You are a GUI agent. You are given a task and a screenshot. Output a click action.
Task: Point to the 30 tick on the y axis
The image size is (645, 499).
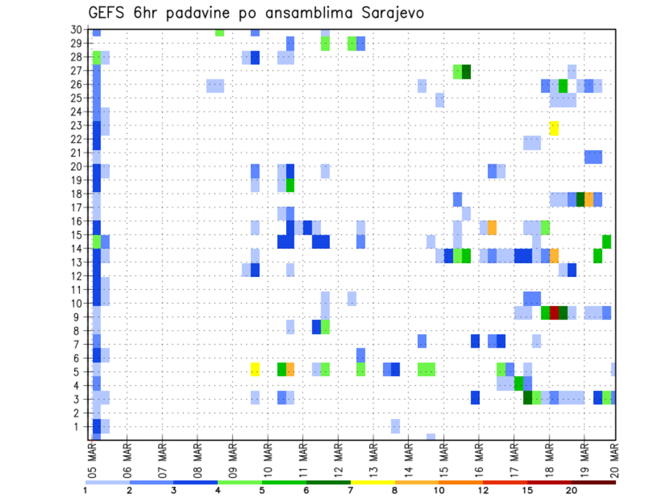pos(76,29)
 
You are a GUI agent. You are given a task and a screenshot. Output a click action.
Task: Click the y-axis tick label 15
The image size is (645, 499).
pos(76,235)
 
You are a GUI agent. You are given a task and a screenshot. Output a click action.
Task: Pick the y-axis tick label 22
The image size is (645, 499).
pos(76,139)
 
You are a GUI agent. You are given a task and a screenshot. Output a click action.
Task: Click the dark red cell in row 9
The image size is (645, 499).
pos(554,313)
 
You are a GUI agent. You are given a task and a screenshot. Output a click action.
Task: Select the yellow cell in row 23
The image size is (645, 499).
pos(554,128)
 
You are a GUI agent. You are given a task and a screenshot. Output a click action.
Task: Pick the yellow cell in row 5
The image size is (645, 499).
pos(255,369)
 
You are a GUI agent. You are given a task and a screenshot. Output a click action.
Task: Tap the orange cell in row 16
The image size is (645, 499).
pos(492,227)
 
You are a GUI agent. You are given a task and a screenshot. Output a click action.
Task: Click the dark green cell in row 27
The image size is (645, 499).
pos(466,72)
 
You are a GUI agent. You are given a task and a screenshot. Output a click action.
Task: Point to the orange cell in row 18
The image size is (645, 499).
pos(589,199)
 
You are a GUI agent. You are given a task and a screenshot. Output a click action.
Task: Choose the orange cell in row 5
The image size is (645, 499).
pos(290,369)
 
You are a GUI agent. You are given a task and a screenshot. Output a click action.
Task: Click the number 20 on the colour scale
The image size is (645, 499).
pos(571,490)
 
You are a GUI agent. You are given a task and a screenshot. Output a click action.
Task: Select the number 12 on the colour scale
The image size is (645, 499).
pos(483,490)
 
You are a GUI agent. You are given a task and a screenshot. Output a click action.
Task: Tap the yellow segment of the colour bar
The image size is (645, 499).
pos(372,482)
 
